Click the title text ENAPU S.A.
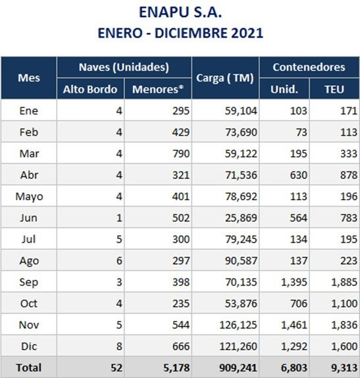pyautogui.click(x=180, y=12)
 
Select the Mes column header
pyautogui.click(x=29, y=78)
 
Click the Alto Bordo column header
pyautogui.click(x=90, y=90)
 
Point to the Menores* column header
pyautogui.click(x=158, y=89)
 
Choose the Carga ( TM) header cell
pyautogui.click(x=225, y=78)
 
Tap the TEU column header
pyautogui.click(x=334, y=90)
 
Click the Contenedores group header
pyautogui.click(x=309, y=67)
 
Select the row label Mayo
pyautogui.click(x=29, y=197)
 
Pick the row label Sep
pyautogui.click(x=29, y=283)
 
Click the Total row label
pyautogui.click(x=29, y=367)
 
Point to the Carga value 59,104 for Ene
pyautogui.click(x=241, y=111)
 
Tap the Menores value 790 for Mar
pyautogui.click(x=181, y=154)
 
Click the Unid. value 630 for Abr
pyautogui.click(x=299, y=175)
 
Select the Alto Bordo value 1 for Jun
pyautogui.click(x=119, y=218)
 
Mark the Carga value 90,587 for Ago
pyautogui.click(x=241, y=261)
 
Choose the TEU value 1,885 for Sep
pyautogui.click(x=344, y=283)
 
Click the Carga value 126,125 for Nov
pyautogui.click(x=238, y=325)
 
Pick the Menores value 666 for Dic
pyautogui.click(x=181, y=346)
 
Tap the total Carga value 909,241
pyautogui.click(x=238, y=368)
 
